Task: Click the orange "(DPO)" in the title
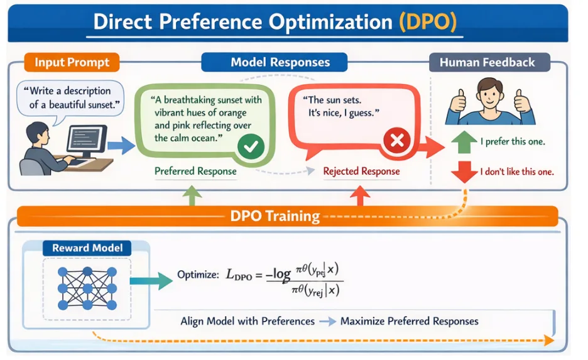point(428,22)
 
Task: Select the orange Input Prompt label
point(72,62)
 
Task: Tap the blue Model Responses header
point(275,62)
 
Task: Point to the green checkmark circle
point(251,146)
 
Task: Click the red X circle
point(397,141)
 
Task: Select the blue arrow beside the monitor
point(121,146)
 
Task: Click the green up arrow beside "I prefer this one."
point(464,142)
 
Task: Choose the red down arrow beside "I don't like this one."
point(464,172)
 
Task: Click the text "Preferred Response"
point(195,172)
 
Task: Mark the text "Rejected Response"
point(361,172)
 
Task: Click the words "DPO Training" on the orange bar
point(275,216)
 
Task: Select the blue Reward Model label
point(87,248)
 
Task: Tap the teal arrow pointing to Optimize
point(151,281)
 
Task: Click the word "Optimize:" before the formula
point(198,275)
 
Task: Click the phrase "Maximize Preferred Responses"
point(409,322)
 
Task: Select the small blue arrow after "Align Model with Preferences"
point(327,322)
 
